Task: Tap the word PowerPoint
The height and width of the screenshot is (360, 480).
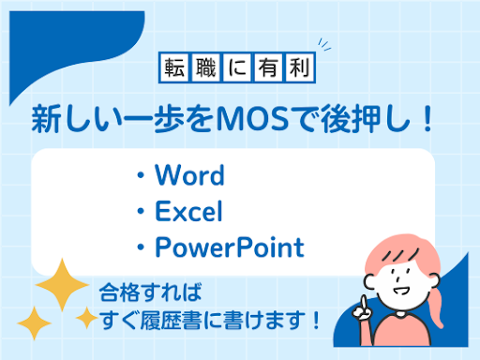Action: (x=230, y=248)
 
